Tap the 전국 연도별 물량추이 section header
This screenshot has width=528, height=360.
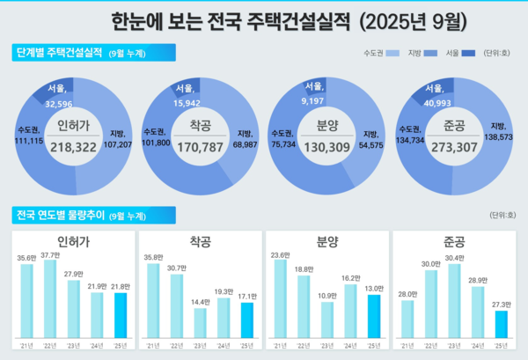68,215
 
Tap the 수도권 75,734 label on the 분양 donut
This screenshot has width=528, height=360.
282,137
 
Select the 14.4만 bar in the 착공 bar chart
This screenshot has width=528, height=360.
201,323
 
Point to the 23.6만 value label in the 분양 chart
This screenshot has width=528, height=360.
281,255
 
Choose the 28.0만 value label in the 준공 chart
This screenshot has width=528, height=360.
407,294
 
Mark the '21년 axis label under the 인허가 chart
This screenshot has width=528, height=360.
26,346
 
